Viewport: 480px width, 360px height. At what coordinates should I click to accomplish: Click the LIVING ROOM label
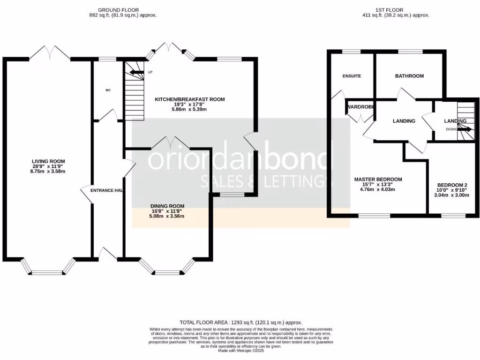[x=45, y=161]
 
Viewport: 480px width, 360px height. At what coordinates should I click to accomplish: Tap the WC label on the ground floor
[x=108, y=90]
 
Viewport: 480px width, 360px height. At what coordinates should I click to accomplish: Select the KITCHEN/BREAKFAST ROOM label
[x=190, y=99]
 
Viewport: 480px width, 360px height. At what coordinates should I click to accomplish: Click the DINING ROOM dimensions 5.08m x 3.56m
[x=167, y=216]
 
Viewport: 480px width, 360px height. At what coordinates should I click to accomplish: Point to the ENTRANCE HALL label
[x=107, y=190]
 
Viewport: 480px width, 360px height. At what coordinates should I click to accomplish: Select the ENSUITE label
[x=352, y=76]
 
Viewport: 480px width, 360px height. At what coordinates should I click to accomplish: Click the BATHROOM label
[x=409, y=76]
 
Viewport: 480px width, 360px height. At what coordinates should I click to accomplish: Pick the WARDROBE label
[x=360, y=107]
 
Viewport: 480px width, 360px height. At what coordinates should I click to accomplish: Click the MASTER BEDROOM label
[x=378, y=180]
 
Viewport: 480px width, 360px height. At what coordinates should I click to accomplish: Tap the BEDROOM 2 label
[x=452, y=185]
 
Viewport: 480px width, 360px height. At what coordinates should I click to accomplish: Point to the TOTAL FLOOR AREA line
[x=241, y=322]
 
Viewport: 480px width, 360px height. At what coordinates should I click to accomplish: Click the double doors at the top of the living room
[x=51, y=52]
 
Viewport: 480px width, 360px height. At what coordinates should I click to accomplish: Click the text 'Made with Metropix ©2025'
[x=241, y=351]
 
